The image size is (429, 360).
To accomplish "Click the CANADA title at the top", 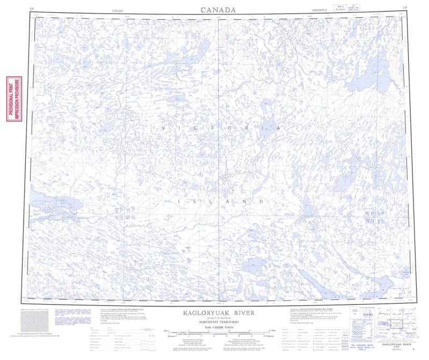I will [218, 10].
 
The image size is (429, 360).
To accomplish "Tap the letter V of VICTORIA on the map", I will [164, 129].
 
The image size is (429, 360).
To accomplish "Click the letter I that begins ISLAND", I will [179, 201].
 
